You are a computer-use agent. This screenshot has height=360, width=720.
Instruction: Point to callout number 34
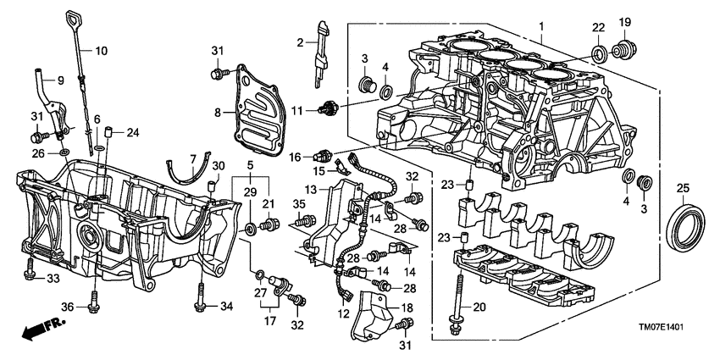[x=224, y=306]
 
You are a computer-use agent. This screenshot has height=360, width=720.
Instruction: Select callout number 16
[x=296, y=157]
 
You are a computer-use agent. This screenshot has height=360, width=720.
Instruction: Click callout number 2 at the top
[x=300, y=42]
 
